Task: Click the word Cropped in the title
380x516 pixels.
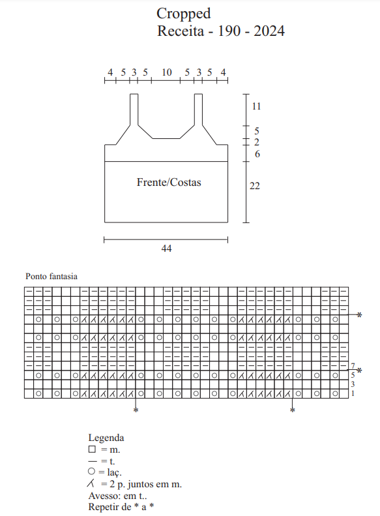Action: point(183,14)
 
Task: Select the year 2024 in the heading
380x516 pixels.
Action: point(269,31)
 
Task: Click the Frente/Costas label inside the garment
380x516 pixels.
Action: point(169,182)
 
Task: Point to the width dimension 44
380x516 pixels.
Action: point(166,248)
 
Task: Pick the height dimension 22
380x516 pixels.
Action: point(254,186)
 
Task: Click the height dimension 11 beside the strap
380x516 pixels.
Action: point(256,106)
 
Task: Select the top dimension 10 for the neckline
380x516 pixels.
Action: point(167,72)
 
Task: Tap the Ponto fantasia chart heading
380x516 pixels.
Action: point(51,276)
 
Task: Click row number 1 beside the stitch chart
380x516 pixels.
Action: point(353,393)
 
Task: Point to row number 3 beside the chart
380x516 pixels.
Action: point(353,384)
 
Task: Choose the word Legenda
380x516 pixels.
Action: point(106,438)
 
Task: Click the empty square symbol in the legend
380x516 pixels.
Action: point(92,449)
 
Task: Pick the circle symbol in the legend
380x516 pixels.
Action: point(92,471)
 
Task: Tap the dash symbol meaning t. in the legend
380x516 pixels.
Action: point(93,461)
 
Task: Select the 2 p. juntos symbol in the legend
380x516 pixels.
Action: point(91,483)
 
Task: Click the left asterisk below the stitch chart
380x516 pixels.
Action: point(136,410)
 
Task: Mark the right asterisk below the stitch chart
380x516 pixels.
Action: point(292,410)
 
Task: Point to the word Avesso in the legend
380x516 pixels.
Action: point(100,496)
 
